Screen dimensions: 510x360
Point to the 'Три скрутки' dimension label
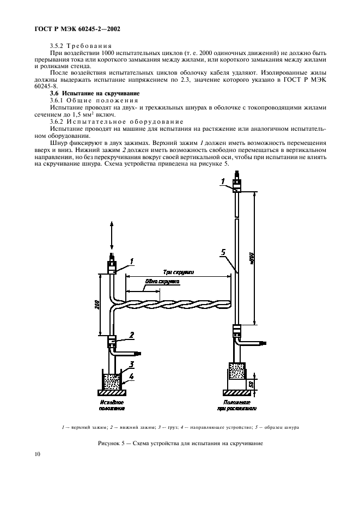point(180,270)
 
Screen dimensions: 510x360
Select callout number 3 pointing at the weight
point(132,364)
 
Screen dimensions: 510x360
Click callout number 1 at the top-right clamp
point(222,180)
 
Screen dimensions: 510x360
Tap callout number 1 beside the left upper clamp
point(131,262)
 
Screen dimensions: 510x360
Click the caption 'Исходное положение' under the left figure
point(112,403)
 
